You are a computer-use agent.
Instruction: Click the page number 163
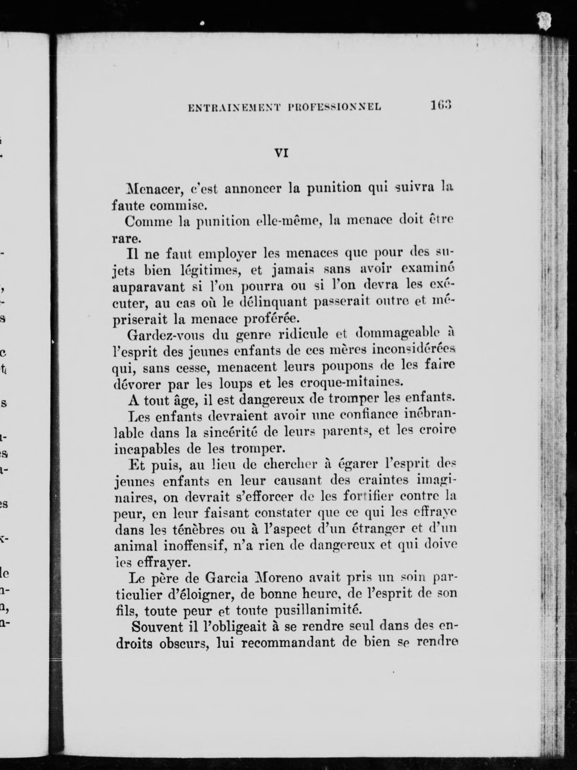coord(441,105)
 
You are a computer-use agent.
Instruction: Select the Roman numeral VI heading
coord(281,153)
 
